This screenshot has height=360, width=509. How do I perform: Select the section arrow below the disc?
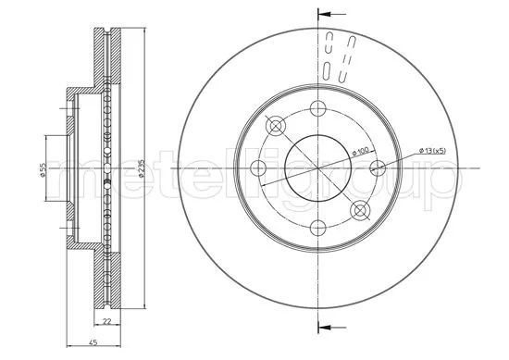[x=329, y=324]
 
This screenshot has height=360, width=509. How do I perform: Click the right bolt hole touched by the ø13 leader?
[x=377, y=168]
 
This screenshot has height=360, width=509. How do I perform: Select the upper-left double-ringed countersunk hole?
[x=275, y=125]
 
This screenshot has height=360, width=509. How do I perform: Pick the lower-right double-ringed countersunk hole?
[x=359, y=210]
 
